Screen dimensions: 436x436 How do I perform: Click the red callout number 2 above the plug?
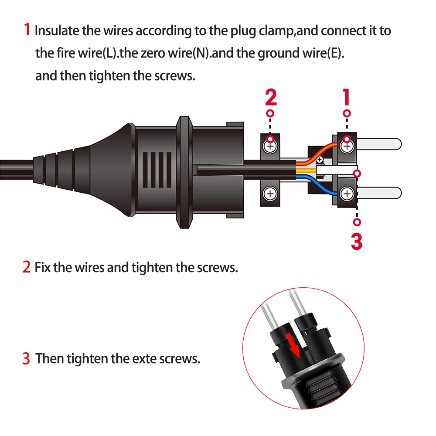click(x=271, y=97)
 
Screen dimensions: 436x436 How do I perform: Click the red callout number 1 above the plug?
click(x=346, y=97)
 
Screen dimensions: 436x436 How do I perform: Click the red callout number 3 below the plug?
click(x=357, y=241)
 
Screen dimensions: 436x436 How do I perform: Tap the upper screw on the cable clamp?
click(x=270, y=146)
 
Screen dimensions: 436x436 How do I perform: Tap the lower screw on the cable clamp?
click(x=270, y=193)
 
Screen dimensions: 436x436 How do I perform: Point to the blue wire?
click(x=317, y=183)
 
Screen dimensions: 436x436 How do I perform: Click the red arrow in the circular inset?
click(x=293, y=346)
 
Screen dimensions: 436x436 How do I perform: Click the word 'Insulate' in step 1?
click(x=57, y=31)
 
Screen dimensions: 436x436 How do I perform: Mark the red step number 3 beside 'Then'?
click(x=26, y=359)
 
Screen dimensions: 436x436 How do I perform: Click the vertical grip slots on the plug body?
click(x=157, y=170)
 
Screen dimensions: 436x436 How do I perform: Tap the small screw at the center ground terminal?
click(x=320, y=160)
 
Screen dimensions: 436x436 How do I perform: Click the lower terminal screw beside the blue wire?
click(x=347, y=194)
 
